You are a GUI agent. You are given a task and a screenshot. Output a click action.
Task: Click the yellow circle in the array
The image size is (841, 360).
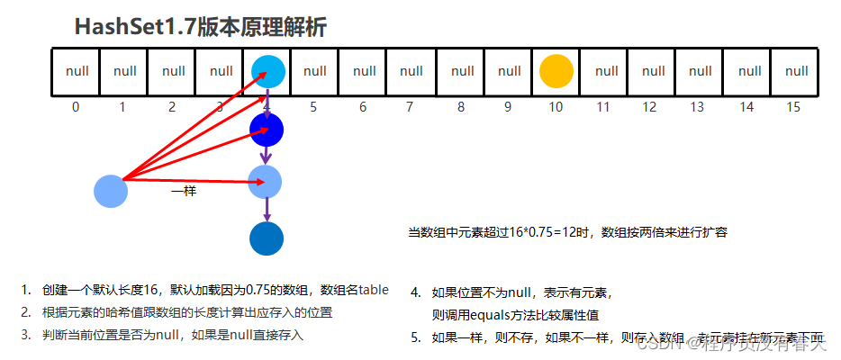pyautogui.click(x=556, y=71)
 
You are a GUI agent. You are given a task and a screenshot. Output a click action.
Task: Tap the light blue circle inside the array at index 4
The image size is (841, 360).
pyautogui.click(x=267, y=71)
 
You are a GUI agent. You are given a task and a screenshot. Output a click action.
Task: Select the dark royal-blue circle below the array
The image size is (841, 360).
pyautogui.click(x=267, y=130)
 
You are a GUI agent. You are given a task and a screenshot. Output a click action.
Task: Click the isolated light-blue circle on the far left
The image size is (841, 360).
pyautogui.click(x=112, y=191)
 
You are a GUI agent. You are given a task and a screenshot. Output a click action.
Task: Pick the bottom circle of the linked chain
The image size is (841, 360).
pyautogui.click(x=267, y=238)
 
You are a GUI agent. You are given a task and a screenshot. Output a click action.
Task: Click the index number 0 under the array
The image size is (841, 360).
pyautogui.click(x=76, y=107)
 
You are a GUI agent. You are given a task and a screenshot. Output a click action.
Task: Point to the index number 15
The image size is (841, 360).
pyautogui.click(x=793, y=107)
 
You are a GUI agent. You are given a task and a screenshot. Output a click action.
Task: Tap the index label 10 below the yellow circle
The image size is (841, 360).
pyautogui.click(x=556, y=107)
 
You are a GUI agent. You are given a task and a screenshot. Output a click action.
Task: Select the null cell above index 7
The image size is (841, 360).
pyautogui.click(x=411, y=71)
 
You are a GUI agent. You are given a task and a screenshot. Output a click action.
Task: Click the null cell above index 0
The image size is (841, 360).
pyautogui.click(x=77, y=71)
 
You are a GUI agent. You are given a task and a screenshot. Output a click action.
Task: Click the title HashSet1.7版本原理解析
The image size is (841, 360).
pyautogui.click(x=200, y=28)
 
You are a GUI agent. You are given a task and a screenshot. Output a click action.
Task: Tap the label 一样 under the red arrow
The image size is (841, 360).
pyautogui.click(x=184, y=192)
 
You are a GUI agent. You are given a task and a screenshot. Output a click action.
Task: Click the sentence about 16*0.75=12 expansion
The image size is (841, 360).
pyautogui.click(x=567, y=232)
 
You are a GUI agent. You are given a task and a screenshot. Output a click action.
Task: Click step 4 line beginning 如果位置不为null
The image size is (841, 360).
pyautogui.click(x=522, y=292)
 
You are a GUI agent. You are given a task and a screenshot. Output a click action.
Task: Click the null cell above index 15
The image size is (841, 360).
pyautogui.click(x=796, y=71)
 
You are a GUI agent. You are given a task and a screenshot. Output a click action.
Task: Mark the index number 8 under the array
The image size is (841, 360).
pyautogui.click(x=460, y=107)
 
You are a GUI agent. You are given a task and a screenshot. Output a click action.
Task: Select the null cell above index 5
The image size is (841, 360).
pyautogui.click(x=315, y=71)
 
